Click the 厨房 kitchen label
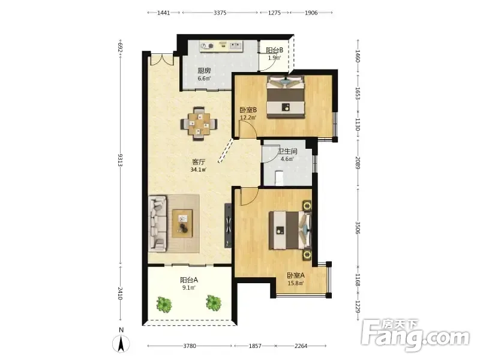pyautogui.click(x=204, y=71)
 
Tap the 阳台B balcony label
pyautogui.click(x=274, y=50)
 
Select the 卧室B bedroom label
pyautogui.click(x=248, y=110)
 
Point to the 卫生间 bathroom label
pyautogui.click(x=287, y=151)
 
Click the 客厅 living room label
pyautogui.click(x=199, y=162)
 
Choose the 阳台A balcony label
pyautogui.click(x=189, y=280)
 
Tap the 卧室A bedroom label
pyautogui.click(x=296, y=275)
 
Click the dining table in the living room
pyautogui.click(x=199, y=124)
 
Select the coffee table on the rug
pyautogui.click(x=182, y=223)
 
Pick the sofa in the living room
pyautogui.click(x=158, y=224)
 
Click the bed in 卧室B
pyautogui.click(x=286, y=97)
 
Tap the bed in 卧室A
pyautogui.click(x=290, y=230)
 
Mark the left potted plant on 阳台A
pyautogui.click(x=164, y=304)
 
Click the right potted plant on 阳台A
pyautogui.click(x=214, y=302)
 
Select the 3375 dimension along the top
pyautogui.click(x=220, y=13)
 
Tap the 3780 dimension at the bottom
pyautogui.click(x=190, y=346)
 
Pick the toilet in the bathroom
pyautogui.click(x=279, y=178)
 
